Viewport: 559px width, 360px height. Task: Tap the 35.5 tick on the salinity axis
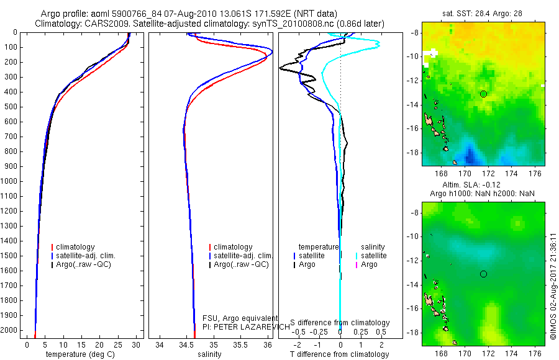241,344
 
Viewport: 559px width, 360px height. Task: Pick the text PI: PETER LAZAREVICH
246,326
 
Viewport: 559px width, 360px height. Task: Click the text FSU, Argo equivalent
240,318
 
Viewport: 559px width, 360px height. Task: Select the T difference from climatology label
339,354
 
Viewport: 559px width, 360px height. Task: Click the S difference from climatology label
340,323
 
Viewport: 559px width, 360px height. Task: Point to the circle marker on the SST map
483,94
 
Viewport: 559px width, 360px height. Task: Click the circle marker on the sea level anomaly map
483,274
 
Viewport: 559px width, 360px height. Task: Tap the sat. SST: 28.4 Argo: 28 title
483,13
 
